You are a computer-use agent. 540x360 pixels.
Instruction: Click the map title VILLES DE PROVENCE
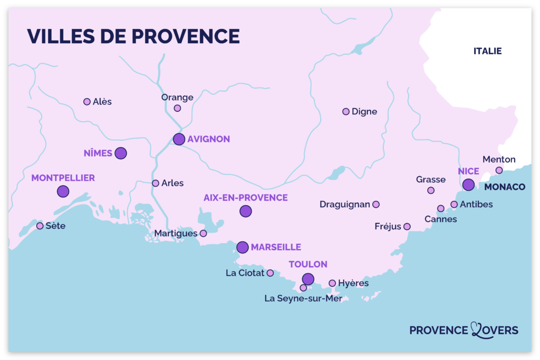133,36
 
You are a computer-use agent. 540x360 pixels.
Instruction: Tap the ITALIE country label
487,51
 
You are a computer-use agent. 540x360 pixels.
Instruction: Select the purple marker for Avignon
179,139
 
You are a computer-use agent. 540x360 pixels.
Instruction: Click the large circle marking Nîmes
121,153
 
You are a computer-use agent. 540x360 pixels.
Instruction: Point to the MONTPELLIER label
63,178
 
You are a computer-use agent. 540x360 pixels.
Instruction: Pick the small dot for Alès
87,102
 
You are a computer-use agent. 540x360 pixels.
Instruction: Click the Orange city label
177,98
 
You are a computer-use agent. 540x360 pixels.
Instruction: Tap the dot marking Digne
346,112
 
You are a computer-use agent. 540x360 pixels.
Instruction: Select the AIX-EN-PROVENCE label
246,198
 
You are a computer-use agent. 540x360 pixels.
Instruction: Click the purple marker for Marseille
243,247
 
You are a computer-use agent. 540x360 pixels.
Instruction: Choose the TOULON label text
308,265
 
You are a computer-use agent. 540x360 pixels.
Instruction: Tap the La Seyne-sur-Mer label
303,299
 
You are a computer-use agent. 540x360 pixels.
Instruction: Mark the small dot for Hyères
332,284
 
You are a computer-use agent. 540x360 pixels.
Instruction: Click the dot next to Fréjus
407,227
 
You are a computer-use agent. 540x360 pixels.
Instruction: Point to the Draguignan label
345,205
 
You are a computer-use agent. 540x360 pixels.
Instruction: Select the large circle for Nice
468,184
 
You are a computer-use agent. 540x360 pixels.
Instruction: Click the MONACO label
505,187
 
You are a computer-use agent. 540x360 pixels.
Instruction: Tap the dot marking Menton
499,170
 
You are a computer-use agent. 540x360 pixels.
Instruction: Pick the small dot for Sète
40,226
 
